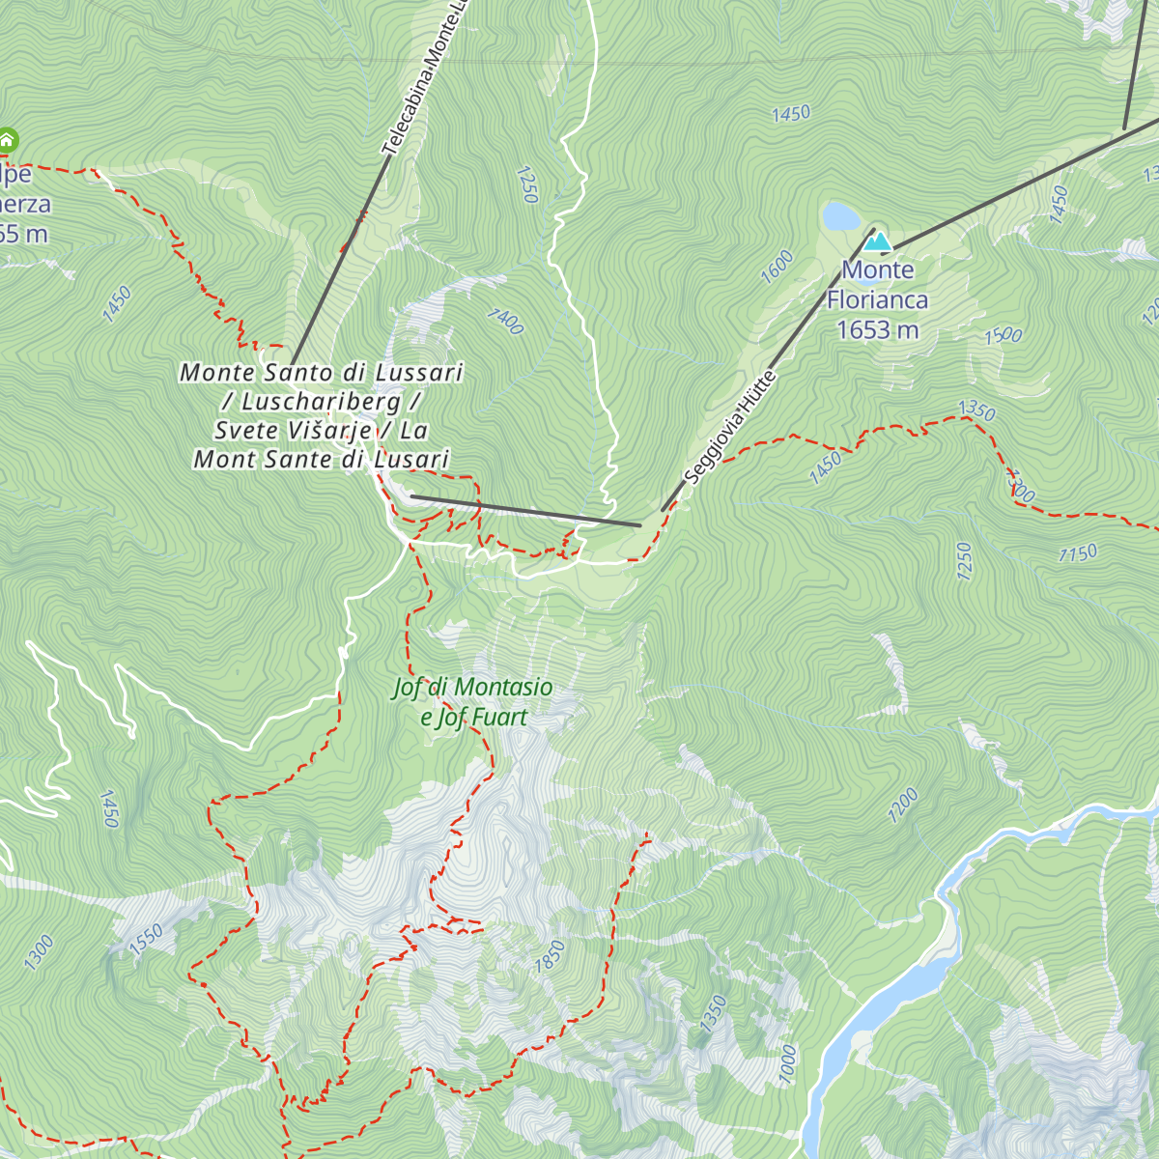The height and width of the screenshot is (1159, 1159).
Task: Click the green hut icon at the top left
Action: (x=7, y=139)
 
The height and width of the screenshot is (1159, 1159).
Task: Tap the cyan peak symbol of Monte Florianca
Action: (x=877, y=240)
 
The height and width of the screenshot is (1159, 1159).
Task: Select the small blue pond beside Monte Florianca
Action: (x=840, y=215)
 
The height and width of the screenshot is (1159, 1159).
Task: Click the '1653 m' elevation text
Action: (x=877, y=330)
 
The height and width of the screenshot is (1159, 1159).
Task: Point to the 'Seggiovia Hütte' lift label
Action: (x=729, y=427)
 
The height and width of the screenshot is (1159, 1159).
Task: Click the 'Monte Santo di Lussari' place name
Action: (x=322, y=372)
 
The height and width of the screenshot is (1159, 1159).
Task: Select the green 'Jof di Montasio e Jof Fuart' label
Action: (x=473, y=702)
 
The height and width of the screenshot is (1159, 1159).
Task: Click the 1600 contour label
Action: (x=777, y=267)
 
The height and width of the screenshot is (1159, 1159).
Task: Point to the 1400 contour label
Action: (x=504, y=321)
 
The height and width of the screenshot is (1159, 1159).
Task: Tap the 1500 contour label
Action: (x=1003, y=336)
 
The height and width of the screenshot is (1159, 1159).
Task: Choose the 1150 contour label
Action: (x=1077, y=554)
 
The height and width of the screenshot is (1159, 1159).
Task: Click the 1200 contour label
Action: (x=903, y=806)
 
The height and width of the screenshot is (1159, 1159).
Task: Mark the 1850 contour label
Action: (x=549, y=956)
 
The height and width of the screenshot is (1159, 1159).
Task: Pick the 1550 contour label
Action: (x=147, y=940)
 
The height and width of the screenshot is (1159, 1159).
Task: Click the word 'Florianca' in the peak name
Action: (x=877, y=300)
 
